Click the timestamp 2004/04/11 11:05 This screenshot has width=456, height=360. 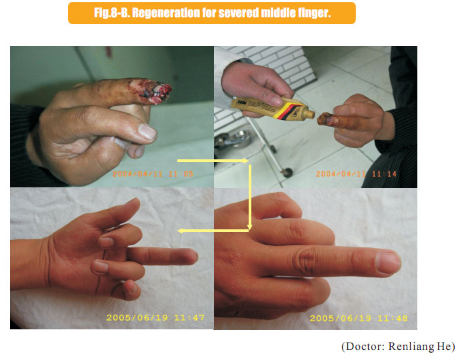(153, 174)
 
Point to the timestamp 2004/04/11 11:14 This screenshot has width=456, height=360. (356, 174)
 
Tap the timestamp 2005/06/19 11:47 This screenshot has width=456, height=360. (155, 317)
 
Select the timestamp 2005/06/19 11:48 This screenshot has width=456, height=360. (359, 318)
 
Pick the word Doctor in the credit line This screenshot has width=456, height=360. (365, 346)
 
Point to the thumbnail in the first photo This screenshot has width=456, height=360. (147, 131)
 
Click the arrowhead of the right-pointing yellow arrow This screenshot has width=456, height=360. (246, 161)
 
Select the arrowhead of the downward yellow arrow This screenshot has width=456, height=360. (249, 227)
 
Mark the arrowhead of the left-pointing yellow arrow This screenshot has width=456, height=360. (180, 231)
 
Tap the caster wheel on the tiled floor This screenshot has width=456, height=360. (287, 173)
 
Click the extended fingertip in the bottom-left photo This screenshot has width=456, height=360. (189, 257)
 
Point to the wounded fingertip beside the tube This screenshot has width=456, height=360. (324, 119)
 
